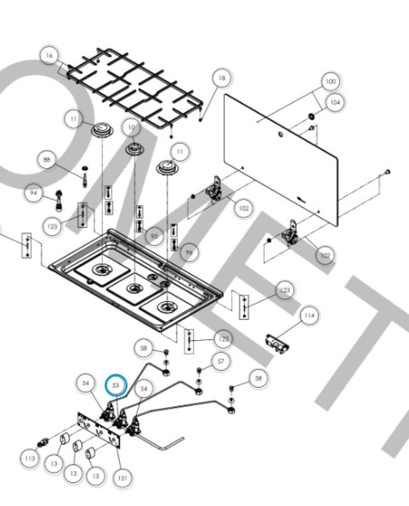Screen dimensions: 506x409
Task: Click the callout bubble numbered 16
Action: click(x=49, y=56)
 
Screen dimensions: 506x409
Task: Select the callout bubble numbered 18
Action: click(x=222, y=78)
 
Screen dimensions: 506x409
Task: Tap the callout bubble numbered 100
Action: click(x=330, y=81)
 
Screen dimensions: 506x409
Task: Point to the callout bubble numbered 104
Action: click(x=334, y=102)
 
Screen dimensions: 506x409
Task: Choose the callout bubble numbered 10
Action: click(x=132, y=128)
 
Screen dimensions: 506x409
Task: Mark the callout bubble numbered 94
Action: click(x=34, y=193)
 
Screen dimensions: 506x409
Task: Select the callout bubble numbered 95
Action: click(x=154, y=236)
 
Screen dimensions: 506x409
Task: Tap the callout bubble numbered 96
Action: click(x=189, y=252)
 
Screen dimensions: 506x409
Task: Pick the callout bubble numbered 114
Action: click(x=309, y=316)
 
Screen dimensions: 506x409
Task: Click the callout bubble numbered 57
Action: click(x=221, y=361)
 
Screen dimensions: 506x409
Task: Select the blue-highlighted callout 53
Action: click(x=115, y=385)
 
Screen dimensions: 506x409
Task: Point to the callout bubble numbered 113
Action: click(x=30, y=458)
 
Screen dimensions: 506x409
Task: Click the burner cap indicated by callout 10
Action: click(x=135, y=148)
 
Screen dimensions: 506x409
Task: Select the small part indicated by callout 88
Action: click(x=84, y=176)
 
